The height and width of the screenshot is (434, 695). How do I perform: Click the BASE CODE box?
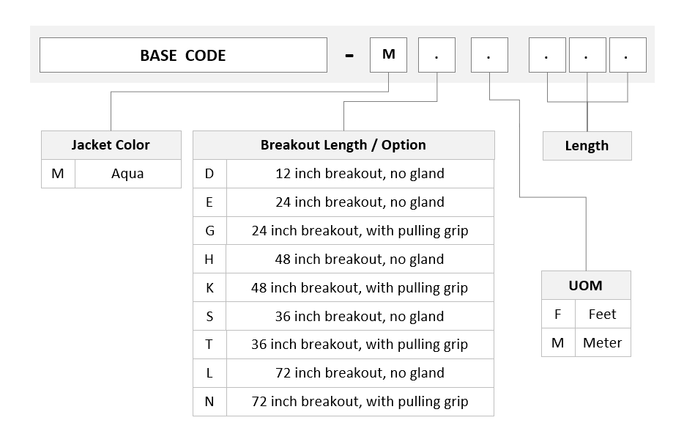point(183,55)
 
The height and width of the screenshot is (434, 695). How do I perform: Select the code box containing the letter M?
point(388,55)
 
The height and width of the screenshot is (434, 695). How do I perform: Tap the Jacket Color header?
point(111,145)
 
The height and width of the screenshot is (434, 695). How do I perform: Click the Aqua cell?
point(127,174)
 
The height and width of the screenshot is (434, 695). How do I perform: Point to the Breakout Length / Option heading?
point(343,145)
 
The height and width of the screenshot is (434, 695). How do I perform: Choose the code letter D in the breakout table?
point(209,174)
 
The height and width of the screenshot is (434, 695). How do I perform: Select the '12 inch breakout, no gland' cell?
point(360,174)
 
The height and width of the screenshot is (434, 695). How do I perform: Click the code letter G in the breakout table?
point(209,231)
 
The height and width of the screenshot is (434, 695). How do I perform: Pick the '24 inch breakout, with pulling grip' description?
point(360,231)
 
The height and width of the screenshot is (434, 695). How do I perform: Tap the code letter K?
point(209,288)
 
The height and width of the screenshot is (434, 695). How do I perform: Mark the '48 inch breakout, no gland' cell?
point(360,260)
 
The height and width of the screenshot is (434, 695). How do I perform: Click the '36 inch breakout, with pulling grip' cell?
point(360,345)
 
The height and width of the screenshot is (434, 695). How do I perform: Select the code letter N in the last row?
point(209,402)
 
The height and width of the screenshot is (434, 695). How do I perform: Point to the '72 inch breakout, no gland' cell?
point(360,373)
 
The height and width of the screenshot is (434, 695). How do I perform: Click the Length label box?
point(587,146)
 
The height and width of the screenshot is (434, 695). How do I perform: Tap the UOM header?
point(586,285)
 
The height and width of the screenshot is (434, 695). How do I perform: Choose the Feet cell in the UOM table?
point(603,315)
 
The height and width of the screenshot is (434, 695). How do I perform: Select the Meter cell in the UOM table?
point(603,342)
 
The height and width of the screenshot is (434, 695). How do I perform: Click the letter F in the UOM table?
point(558,315)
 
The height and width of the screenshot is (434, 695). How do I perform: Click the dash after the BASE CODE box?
point(349,56)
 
